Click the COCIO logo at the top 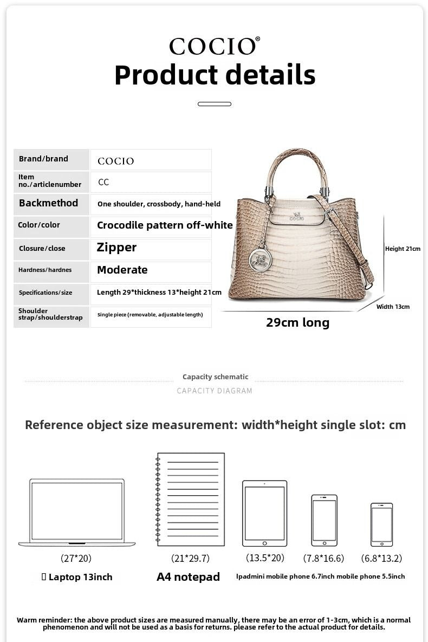[x=214, y=47]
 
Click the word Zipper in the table [x=116, y=248]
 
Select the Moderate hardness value [x=122, y=270]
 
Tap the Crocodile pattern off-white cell [x=165, y=225]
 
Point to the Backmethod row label [x=48, y=203]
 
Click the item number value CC [x=103, y=182]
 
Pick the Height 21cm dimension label [x=403, y=249]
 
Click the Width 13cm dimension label [x=393, y=307]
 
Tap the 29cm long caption [x=297, y=323]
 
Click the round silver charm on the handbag [x=260, y=259]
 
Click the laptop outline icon [x=77, y=512]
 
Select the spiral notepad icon [x=190, y=499]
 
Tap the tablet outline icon [x=264, y=513]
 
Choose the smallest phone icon [x=381, y=524]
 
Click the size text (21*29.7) [x=190, y=558]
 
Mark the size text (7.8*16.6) [x=323, y=558]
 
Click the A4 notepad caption [x=188, y=577]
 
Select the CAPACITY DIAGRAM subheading [x=215, y=391]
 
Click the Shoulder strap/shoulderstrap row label [x=50, y=314]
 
